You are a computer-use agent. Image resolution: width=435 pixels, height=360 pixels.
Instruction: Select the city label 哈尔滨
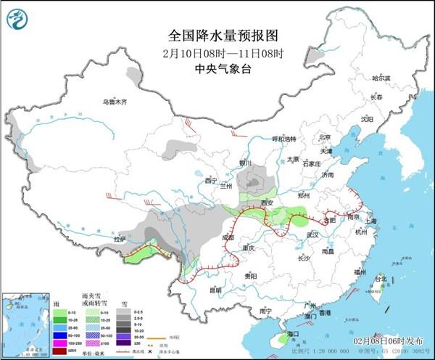pos(381,78)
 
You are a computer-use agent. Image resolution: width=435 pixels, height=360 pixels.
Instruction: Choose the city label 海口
pos(292,333)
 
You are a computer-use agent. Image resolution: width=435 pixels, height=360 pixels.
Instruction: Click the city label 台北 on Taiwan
pos(380,278)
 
